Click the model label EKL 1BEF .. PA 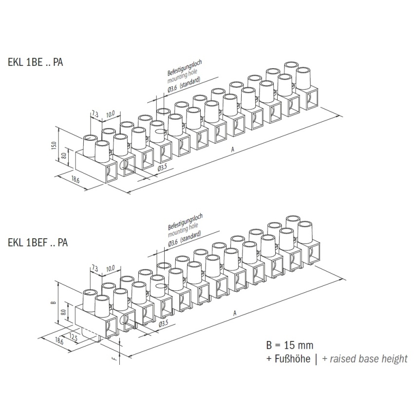coord(37,242)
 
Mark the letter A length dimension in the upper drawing coord(233,151)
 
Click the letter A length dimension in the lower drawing coord(234,313)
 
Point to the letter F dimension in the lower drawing coord(113,360)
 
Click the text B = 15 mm coord(289,346)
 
